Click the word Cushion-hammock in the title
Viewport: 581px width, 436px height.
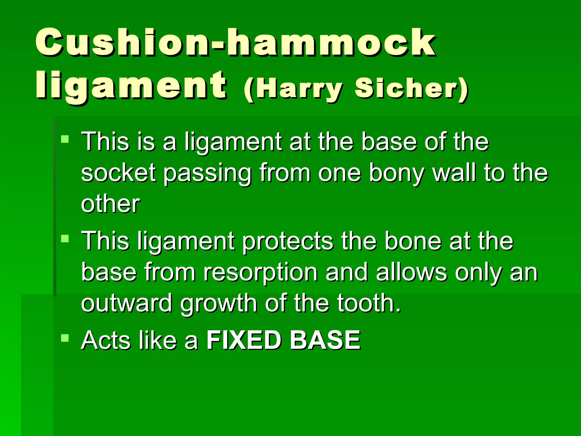tap(235, 43)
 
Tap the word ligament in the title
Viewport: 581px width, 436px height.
tap(131, 85)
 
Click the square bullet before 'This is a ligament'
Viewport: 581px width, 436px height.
tap(65, 139)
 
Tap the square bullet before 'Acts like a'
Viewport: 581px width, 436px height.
tap(65, 338)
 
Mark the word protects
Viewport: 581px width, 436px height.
tap(287, 241)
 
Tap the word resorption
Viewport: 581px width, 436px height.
tap(260, 272)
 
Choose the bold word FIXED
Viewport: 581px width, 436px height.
tap(244, 340)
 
